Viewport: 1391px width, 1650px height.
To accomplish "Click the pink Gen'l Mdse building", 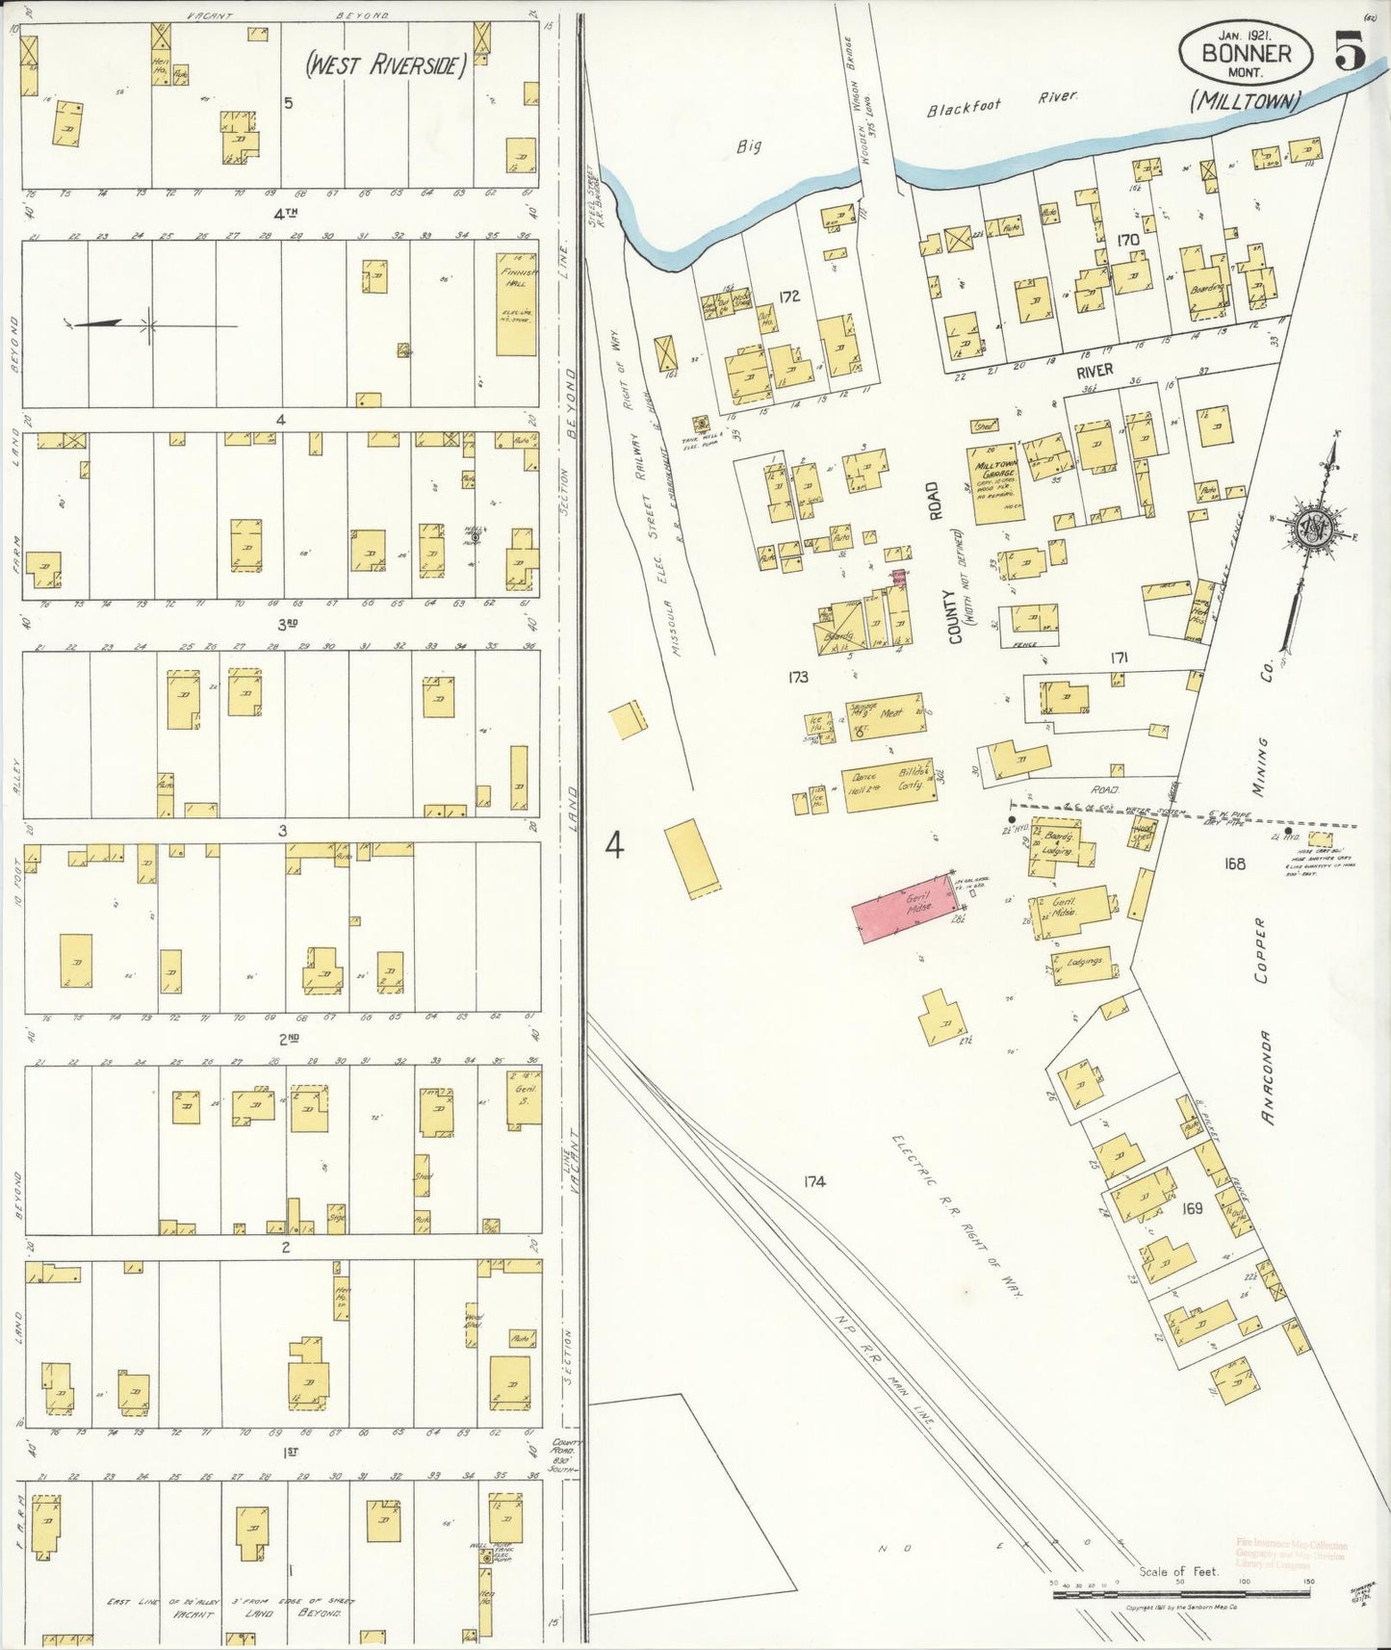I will pos(905,908).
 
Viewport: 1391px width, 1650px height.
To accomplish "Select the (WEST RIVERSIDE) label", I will pos(385,66).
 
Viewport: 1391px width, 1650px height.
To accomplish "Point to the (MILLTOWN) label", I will pos(1246,99).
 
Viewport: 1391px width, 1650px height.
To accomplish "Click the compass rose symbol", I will pos(1313,527).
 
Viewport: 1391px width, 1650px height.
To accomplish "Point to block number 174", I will pos(814,1181).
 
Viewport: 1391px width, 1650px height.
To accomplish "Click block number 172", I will pos(790,296).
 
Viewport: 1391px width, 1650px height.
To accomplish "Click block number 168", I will pos(1235,864).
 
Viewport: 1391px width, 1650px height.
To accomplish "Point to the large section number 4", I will pos(614,845).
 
